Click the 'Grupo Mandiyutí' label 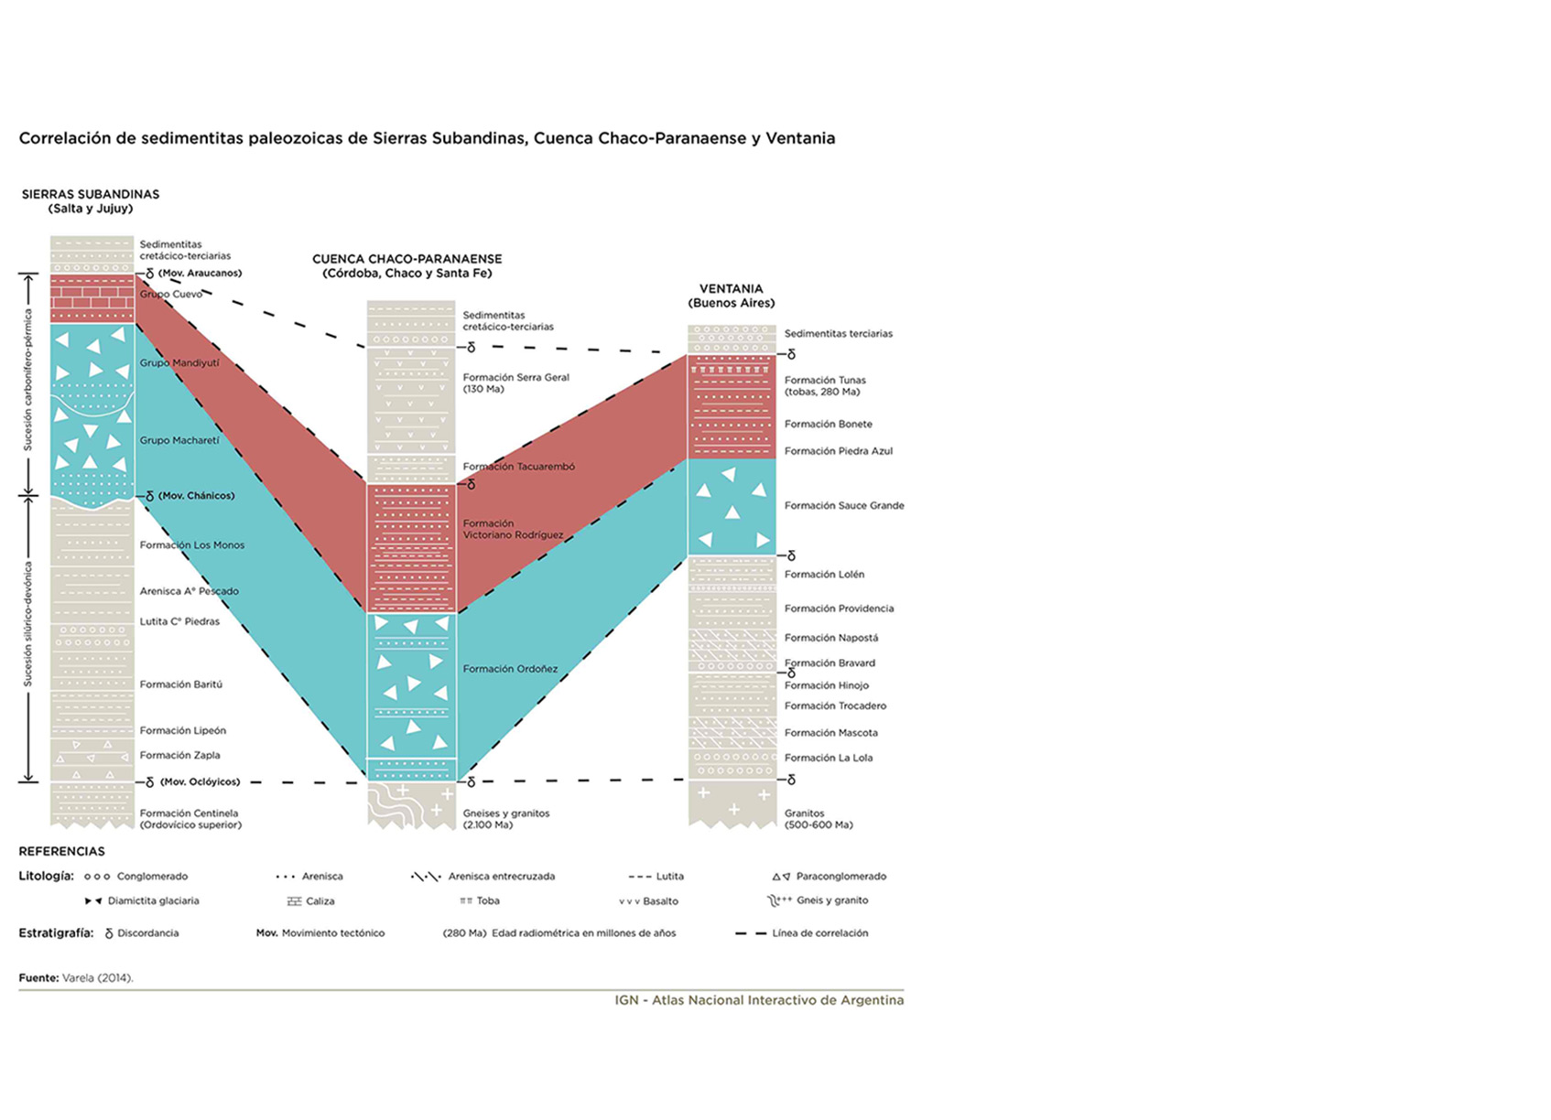click(x=179, y=363)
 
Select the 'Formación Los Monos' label click(x=191, y=545)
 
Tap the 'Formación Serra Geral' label click(x=515, y=378)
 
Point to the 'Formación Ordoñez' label click(x=510, y=669)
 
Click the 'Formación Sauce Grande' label click(x=844, y=506)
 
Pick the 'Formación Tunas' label click(x=825, y=381)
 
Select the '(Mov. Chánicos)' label click(x=197, y=496)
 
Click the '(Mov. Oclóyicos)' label click(x=201, y=781)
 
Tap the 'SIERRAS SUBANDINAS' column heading click(x=91, y=194)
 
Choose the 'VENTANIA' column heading click(x=732, y=288)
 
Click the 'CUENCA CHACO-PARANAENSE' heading click(x=407, y=259)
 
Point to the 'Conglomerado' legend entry click(x=152, y=877)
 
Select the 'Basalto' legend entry click(x=660, y=901)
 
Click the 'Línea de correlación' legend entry click(x=819, y=933)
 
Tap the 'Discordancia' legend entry click(x=148, y=933)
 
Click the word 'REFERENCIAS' click(x=61, y=852)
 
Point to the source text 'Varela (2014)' click(x=97, y=978)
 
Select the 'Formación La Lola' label click(x=828, y=759)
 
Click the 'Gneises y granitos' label click(x=506, y=813)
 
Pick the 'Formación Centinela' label click(x=189, y=813)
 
